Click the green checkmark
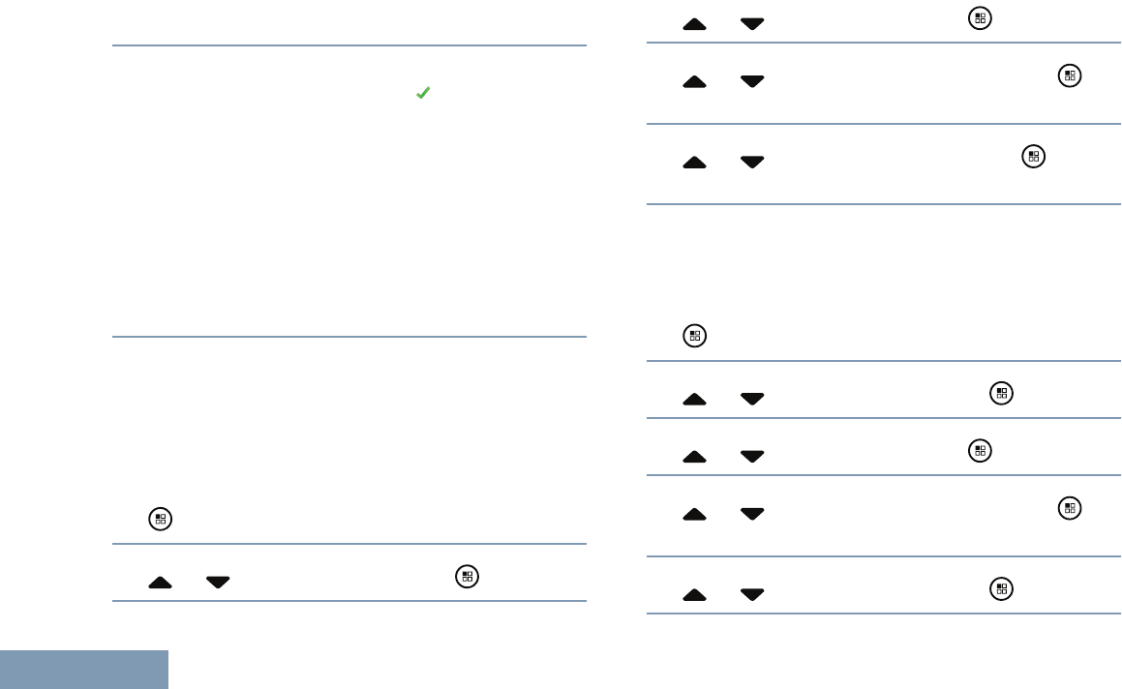tap(422, 93)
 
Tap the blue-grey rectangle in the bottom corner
tap(84, 670)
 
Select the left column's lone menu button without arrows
tap(160, 520)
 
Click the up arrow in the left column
tap(161, 583)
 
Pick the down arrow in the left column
tap(218, 583)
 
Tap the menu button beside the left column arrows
tap(467, 577)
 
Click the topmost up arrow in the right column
tap(695, 24)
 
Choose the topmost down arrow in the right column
tap(752, 24)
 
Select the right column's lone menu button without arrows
tap(694, 337)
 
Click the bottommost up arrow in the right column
tap(695, 594)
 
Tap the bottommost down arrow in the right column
tap(752, 594)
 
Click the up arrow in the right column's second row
tap(695, 82)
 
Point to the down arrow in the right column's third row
tap(752, 163)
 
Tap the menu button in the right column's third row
tap(1035, 156)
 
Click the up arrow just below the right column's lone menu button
tap(695, 399)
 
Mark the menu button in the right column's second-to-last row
tap(1069, 508)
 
